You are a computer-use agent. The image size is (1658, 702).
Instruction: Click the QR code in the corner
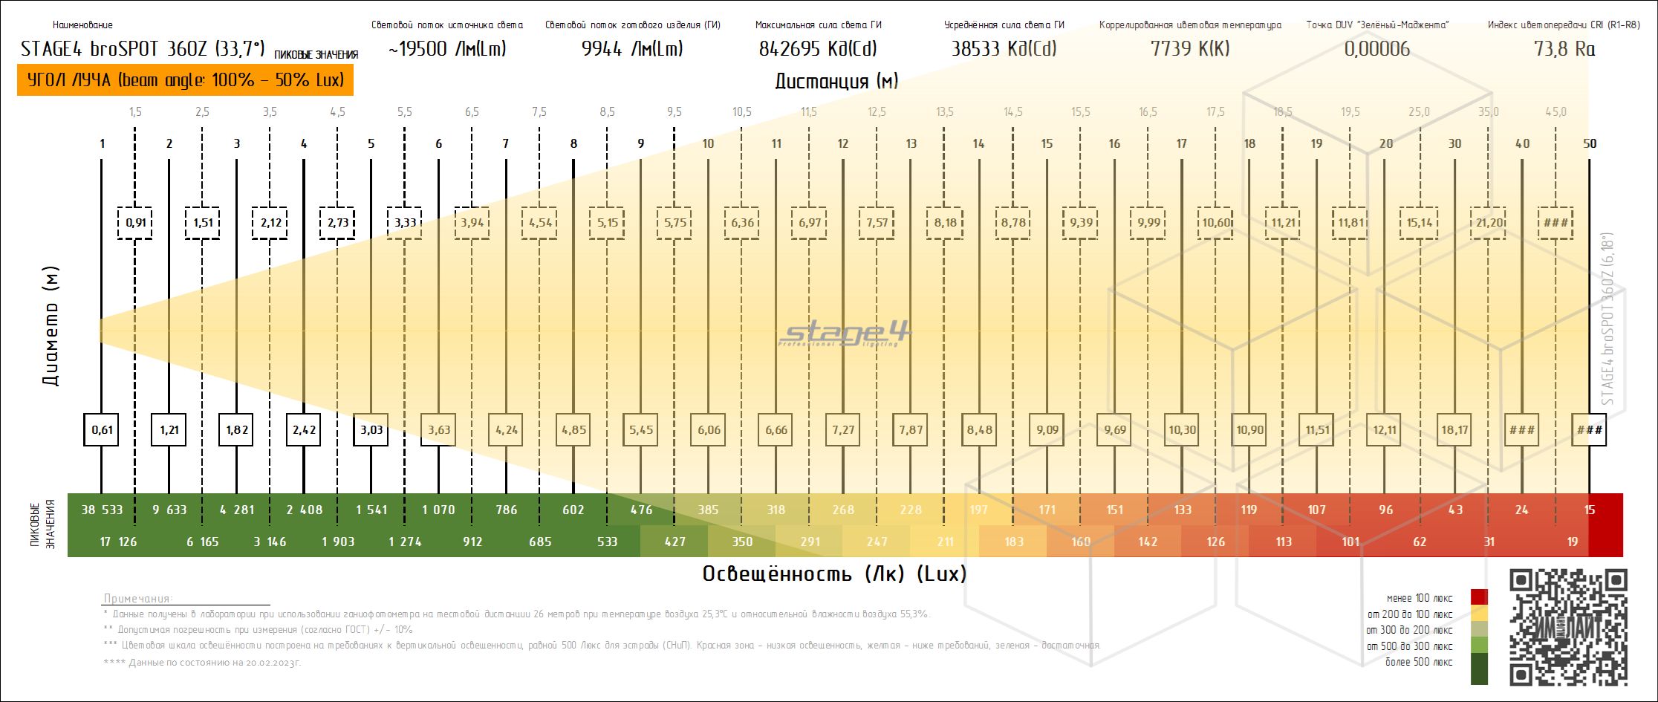coord(1568,627)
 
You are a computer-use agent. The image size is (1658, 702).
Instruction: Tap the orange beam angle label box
coord(185,80)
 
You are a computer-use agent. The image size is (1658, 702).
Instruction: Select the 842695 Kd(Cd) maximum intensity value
coord(818,49)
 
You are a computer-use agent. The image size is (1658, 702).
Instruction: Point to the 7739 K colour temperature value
coord(1190,49)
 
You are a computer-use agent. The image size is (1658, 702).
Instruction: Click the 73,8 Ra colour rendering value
coord(1564,49)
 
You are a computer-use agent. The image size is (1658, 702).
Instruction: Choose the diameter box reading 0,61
coord(102,429)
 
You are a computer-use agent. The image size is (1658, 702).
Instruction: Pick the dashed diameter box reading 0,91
coord(135,223)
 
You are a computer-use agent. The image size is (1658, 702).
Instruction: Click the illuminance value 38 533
coord(102,510)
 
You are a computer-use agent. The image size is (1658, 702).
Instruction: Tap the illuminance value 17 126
coord(119,542)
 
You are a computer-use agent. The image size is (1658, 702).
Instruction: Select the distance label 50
coord(1590,143)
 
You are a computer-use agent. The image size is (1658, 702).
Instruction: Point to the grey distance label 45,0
coord(1555,112)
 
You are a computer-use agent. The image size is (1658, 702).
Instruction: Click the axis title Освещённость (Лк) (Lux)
coord(834,574)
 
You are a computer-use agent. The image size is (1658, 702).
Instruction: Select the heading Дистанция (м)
coord(836,81)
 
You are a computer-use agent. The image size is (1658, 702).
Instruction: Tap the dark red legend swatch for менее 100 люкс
coord(1480,597)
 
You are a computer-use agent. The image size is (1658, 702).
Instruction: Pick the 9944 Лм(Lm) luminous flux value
coord(632,49)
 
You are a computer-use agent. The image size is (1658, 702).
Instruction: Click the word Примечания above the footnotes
coord(138,599)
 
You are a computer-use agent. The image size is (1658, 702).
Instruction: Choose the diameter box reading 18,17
coord(1454,429)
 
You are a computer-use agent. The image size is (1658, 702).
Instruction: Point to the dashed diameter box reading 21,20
coord(1489,223)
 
